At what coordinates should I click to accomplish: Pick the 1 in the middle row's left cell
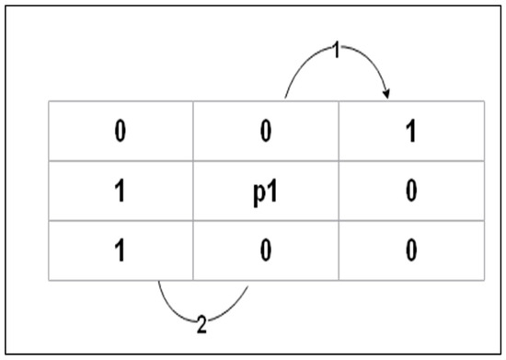coord(120,191)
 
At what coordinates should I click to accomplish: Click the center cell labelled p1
coord(266,192)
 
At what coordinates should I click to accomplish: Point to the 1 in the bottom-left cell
coord(120,250)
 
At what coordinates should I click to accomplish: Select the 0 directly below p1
coord(266,250)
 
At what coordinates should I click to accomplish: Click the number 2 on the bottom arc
coord(201,323)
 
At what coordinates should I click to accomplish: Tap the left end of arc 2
coord(158,280)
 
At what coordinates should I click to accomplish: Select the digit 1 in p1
coord(273,191)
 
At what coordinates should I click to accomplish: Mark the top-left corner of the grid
coord(49,101)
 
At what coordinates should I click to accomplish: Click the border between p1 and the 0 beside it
coord(340,191)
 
